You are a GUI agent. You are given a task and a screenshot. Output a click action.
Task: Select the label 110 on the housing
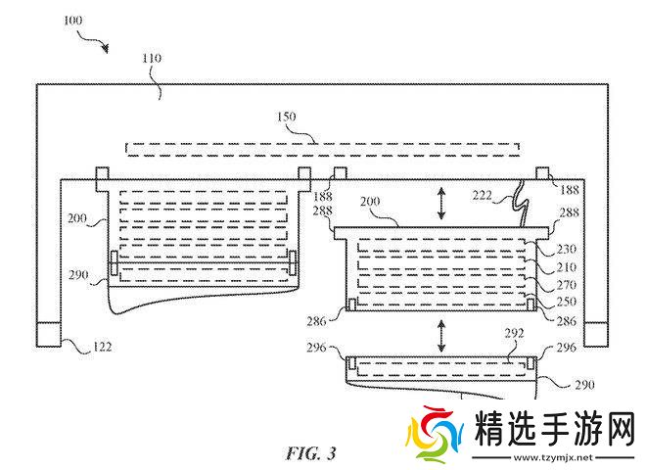coord(152,59)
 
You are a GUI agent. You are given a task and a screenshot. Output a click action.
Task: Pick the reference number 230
coord(566,249)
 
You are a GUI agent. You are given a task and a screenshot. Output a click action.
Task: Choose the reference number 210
coord(566,266)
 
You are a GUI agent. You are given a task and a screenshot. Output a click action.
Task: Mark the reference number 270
coord(566,284)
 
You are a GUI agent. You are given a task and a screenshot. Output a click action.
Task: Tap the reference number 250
coord(566,302)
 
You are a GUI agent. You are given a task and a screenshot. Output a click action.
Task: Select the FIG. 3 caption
coord(310,453)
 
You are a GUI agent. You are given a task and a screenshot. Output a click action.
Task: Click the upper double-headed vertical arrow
coord(440,204)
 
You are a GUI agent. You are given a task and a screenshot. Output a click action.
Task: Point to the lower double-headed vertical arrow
coord(440,337)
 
